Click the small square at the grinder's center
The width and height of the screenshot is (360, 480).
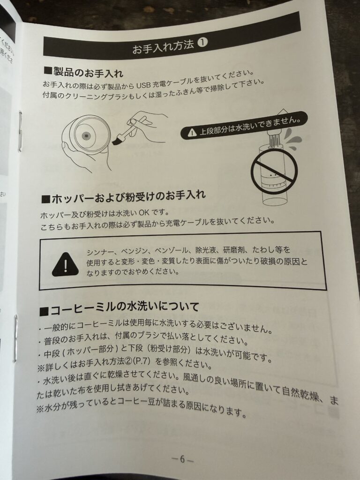(x=87, y=135)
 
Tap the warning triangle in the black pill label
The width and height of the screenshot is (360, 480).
(x=192, y=132)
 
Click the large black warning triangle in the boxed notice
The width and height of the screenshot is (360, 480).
(x=65, y=264)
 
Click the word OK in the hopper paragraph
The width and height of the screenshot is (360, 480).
(x=144, y=212)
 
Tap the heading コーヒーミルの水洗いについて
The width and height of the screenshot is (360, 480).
(x=120, y=308)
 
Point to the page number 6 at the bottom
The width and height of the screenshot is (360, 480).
(x=182, y=459)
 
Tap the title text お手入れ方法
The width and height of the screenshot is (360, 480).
(x=164, y=46)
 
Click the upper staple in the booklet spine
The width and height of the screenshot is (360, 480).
(x=20, y=131)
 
